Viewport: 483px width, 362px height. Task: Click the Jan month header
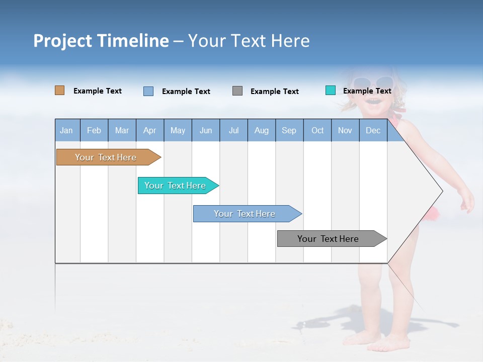(67, 131)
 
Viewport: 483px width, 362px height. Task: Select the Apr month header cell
(150, 131)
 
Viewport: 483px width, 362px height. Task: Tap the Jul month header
(233, 131)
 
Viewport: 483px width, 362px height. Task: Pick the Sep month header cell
(289, 131)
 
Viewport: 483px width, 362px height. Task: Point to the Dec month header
(373, 131)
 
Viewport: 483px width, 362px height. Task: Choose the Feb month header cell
(94, 131)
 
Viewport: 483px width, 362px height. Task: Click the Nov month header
(345, 131)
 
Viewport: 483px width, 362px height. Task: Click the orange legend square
(60, 90)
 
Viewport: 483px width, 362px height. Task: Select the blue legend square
(148, 91)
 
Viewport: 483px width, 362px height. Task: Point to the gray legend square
(237, 91)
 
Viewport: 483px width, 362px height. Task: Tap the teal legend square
(331, 90)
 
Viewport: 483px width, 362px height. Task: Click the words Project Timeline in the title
(101, 41)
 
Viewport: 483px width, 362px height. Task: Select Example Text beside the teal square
(367, 91)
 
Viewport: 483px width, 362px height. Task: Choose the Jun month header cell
(206, 131)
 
